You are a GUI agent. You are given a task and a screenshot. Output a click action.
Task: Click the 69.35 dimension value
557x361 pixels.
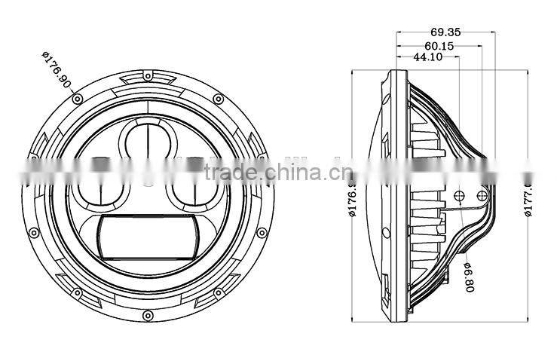click(x=446, y=32)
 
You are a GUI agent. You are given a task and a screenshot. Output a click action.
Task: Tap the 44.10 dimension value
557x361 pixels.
click(x=427, y=57)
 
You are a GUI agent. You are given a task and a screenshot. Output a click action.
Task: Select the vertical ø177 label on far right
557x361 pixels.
click(x=530, y=194)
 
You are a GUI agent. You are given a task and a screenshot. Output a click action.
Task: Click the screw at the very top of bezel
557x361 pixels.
click(x=148, y=78)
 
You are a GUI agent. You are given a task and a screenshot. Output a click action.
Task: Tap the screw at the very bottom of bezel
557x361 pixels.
click(x=148, y=314)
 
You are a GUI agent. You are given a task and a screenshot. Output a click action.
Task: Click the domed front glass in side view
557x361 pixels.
click(x=376, y=195)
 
